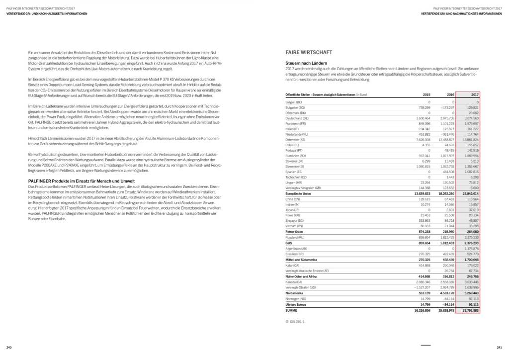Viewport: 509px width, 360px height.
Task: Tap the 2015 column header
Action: [426, 94]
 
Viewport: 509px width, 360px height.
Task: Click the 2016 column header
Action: [451, 94]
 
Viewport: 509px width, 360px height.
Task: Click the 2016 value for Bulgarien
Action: [447, 107]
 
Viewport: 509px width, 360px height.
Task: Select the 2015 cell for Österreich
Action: [423, 140]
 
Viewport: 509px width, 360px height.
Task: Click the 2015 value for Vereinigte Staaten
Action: [421, 287]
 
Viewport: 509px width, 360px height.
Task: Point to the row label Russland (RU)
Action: [295, 237]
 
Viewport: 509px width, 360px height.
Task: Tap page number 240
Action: [9, 347]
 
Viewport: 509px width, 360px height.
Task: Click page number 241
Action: [499, 347]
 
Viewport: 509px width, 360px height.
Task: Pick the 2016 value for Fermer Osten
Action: [447, 231]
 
